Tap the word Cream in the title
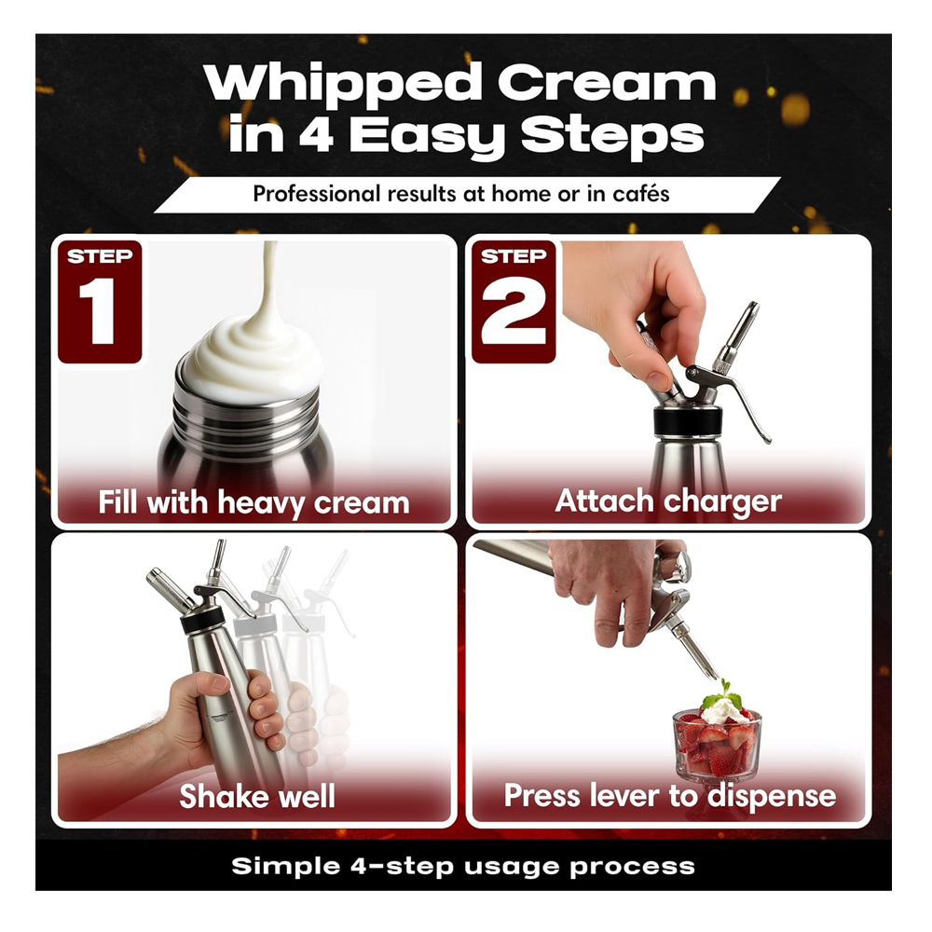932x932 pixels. coord(607,83)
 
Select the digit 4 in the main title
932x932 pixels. coord(315,133)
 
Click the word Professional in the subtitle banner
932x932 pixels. coord(316,194)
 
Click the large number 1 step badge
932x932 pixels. coord(100,301)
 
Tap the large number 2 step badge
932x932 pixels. coord(514,301)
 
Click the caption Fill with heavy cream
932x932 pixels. coord(254,502)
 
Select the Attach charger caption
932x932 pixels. coord(668,501)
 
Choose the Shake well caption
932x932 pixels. coord(257,796)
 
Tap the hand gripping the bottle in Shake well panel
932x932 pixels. coord(225,712)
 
